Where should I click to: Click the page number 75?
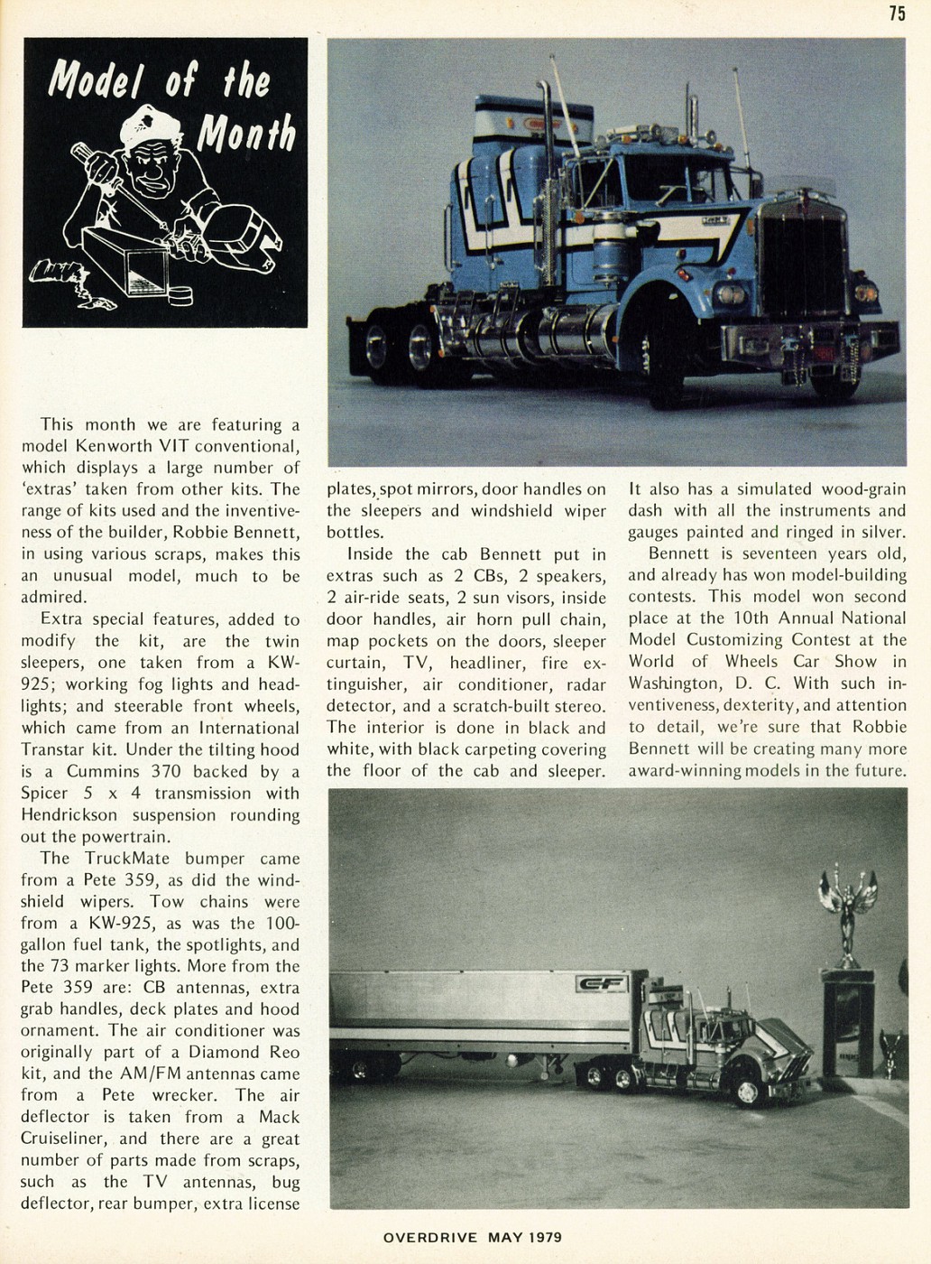click(x=896, y=13)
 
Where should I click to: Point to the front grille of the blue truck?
click(x=801, y=262)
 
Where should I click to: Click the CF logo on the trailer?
click(x=601, y=984)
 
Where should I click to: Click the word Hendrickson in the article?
click(x=68, y=815)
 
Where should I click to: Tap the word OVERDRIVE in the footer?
click(x=429, y=1237)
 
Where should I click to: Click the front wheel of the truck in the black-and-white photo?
click(x=747, y=1092)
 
